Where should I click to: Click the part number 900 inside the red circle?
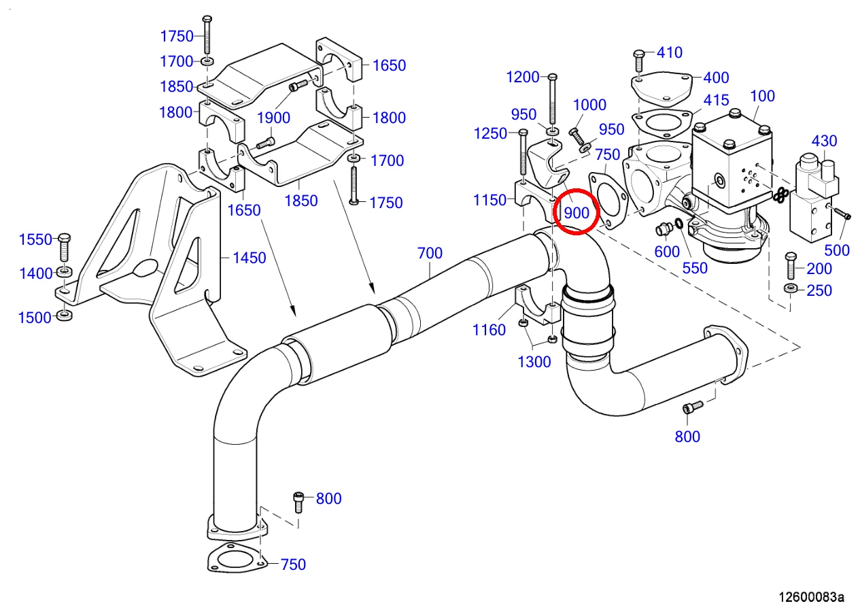[x=577, y=212]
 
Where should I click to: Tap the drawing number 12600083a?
[x=812, y=597]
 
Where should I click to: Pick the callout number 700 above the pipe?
[x=430, y=254]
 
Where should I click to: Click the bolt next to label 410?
[x=638, y=61]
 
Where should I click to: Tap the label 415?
[x=716, y=101]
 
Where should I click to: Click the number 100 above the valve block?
[x=762, y=96]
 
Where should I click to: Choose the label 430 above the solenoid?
[x=824, y=141]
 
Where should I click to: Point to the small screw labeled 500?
[x=842, y=214]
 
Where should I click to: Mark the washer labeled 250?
[x=791, y=290]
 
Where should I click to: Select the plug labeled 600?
[x=662, y=230]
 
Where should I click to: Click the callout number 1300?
[x=534, y=362]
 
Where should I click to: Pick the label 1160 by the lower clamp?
[x=489, y=330]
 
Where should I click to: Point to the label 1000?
[x=589, y=105]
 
